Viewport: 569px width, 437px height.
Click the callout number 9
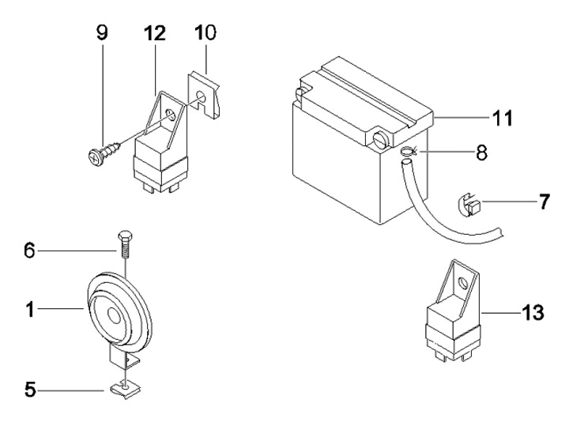(x=103, y=33)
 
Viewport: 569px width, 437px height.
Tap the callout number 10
(x=205, y=33)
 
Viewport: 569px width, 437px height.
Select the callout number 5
(x=28, y=390)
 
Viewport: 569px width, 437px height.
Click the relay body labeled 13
(x=455, y=328)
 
